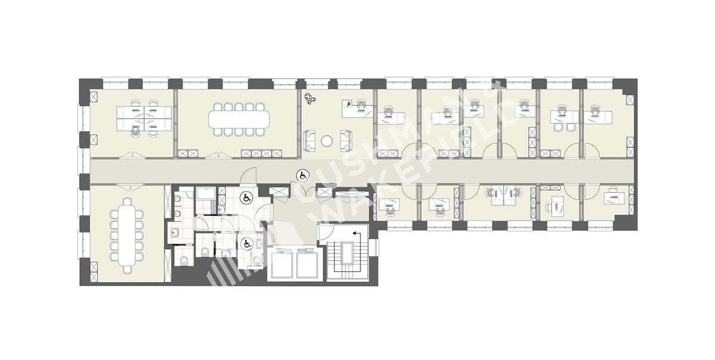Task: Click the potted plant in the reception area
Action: point(310,98)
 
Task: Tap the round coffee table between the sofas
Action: point(327,141)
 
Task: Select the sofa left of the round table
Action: point(309,141)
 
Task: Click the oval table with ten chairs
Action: point(239,119)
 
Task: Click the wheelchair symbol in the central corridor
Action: point(302,175)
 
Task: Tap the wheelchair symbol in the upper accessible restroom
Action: point(245,198)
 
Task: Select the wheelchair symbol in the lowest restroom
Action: point(246,244)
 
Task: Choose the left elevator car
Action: point(282,263)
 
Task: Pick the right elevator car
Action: point(307,263)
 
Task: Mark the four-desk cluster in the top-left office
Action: point(144,119)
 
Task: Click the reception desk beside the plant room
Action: point(357,108)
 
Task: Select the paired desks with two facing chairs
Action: point(503,195)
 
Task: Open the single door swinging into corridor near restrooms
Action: point(248,176)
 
